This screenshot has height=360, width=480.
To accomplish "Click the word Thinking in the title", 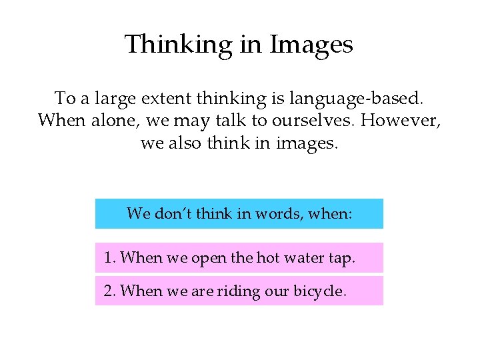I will (x=176, y=45).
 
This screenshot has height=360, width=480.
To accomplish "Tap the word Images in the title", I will (x=311, y=45).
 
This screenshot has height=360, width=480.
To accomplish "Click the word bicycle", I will (x=320, y=291).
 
